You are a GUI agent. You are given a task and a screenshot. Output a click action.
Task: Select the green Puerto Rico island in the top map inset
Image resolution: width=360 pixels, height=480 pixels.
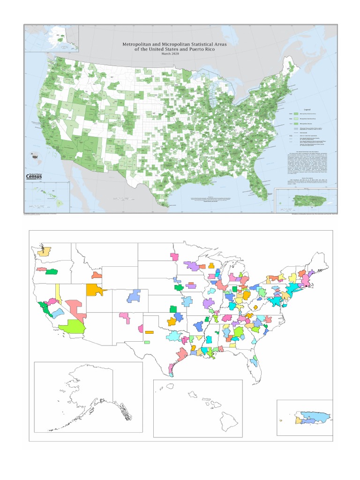point(309,200)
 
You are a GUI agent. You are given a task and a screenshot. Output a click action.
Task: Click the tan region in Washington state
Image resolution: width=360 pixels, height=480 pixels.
point(45,251)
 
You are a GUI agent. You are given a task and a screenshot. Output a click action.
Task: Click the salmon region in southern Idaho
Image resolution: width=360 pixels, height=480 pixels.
point(97,275)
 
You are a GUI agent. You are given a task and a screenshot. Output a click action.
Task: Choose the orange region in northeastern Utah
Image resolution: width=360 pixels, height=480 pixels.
point(96,289)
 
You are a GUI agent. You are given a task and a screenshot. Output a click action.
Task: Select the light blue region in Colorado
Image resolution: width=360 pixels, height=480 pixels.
point(134,295)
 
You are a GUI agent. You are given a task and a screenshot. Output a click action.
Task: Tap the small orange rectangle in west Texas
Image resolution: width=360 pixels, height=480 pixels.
point(149,332)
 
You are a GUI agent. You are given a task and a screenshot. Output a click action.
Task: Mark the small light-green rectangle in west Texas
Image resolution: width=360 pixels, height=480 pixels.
point(147,342)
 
